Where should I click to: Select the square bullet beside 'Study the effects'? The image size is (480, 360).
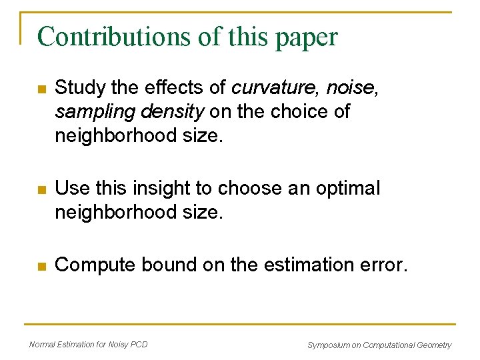point(41,88)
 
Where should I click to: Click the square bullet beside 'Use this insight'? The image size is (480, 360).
point(41,189)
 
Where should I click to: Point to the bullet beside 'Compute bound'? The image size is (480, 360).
point(41,266)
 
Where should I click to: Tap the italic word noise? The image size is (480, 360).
point(358,87)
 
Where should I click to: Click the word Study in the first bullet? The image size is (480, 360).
point(75,87)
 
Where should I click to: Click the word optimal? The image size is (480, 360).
point(346,189)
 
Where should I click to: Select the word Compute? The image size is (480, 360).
point(96,265)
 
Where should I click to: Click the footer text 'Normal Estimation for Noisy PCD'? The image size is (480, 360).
point(89,344)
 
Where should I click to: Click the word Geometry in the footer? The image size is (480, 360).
point(434,345)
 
